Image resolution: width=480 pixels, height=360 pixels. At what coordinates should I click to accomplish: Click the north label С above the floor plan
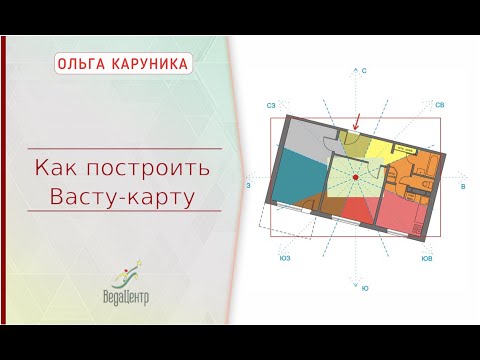(x=365, y=72)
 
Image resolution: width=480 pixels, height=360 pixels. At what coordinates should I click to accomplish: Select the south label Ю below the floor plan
(x=365, y=288)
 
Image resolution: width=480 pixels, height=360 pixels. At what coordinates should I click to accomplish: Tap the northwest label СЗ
(x=271, y=104)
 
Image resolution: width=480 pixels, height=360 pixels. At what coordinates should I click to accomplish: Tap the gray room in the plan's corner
(x=305, y=134)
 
